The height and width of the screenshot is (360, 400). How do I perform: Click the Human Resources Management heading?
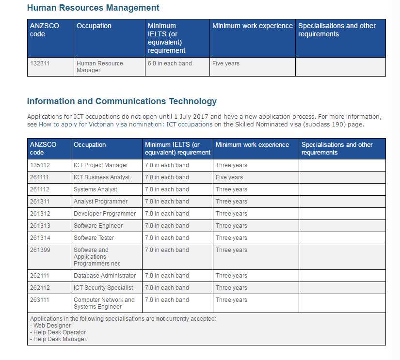point(93,8)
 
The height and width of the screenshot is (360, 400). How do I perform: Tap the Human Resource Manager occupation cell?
point(99,67)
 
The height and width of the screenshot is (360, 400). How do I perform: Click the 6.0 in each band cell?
point(170,63)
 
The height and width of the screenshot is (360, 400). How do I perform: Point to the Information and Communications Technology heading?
point(122,101)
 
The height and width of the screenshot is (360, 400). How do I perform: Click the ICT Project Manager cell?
point(101,165)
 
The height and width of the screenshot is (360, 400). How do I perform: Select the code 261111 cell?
point(40,177)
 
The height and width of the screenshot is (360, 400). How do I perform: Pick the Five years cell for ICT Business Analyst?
point(229,177)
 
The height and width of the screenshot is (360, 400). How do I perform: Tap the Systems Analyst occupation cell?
point(96,189)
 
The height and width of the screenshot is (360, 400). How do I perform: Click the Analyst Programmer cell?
point(101,202)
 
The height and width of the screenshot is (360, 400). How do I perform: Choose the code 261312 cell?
point(40,214)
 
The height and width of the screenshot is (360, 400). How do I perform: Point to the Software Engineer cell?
point(98,226)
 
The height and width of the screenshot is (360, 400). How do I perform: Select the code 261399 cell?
point(40,250)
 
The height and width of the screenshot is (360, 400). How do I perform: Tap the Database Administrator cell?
point(105,276)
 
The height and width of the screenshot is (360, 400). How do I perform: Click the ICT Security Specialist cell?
point(104,288)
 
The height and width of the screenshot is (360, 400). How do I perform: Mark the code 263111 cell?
point(40,300)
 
